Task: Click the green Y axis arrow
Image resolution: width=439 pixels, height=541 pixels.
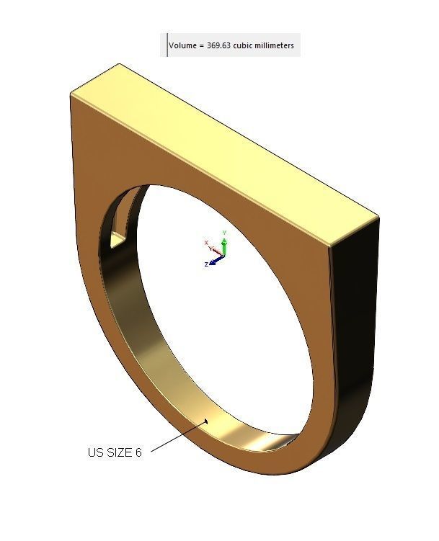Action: [224, 247]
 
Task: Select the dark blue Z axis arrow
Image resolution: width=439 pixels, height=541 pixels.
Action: [216, 260]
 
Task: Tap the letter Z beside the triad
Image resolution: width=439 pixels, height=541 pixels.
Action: [207, 265]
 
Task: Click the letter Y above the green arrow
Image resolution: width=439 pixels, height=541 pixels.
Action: [225, 233]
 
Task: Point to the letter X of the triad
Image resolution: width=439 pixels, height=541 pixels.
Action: [207, 242]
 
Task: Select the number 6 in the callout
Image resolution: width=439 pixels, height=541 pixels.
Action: [138, 452]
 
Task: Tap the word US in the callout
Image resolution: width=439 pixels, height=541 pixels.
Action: [96, 452]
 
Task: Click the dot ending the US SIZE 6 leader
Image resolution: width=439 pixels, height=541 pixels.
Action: [208, 420]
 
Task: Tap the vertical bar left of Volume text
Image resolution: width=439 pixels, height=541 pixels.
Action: [167, 45]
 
